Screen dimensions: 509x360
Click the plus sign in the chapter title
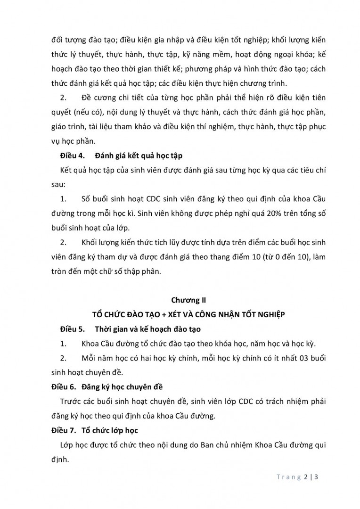point(174,314)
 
